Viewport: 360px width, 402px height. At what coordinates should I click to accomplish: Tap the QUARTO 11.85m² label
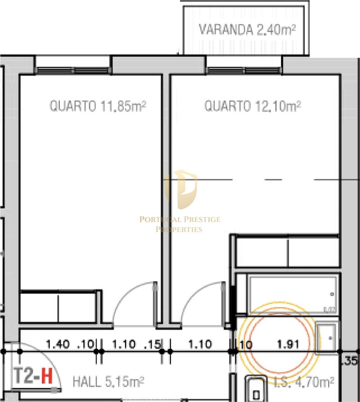pos(98,107)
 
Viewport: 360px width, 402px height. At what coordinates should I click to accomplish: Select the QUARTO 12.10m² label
pos(252,106)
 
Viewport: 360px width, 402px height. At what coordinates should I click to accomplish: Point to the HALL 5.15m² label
pos(108,382)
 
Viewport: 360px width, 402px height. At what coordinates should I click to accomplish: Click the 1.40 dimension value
pos(58,345)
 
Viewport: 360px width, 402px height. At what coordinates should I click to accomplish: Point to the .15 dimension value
pos(154,345)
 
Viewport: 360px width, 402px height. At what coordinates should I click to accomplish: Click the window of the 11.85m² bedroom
pos(73,70)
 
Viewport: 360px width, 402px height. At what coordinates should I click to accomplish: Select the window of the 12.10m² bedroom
pos(243,70)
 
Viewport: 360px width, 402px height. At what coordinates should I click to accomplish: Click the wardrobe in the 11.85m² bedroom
pos(58,307)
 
